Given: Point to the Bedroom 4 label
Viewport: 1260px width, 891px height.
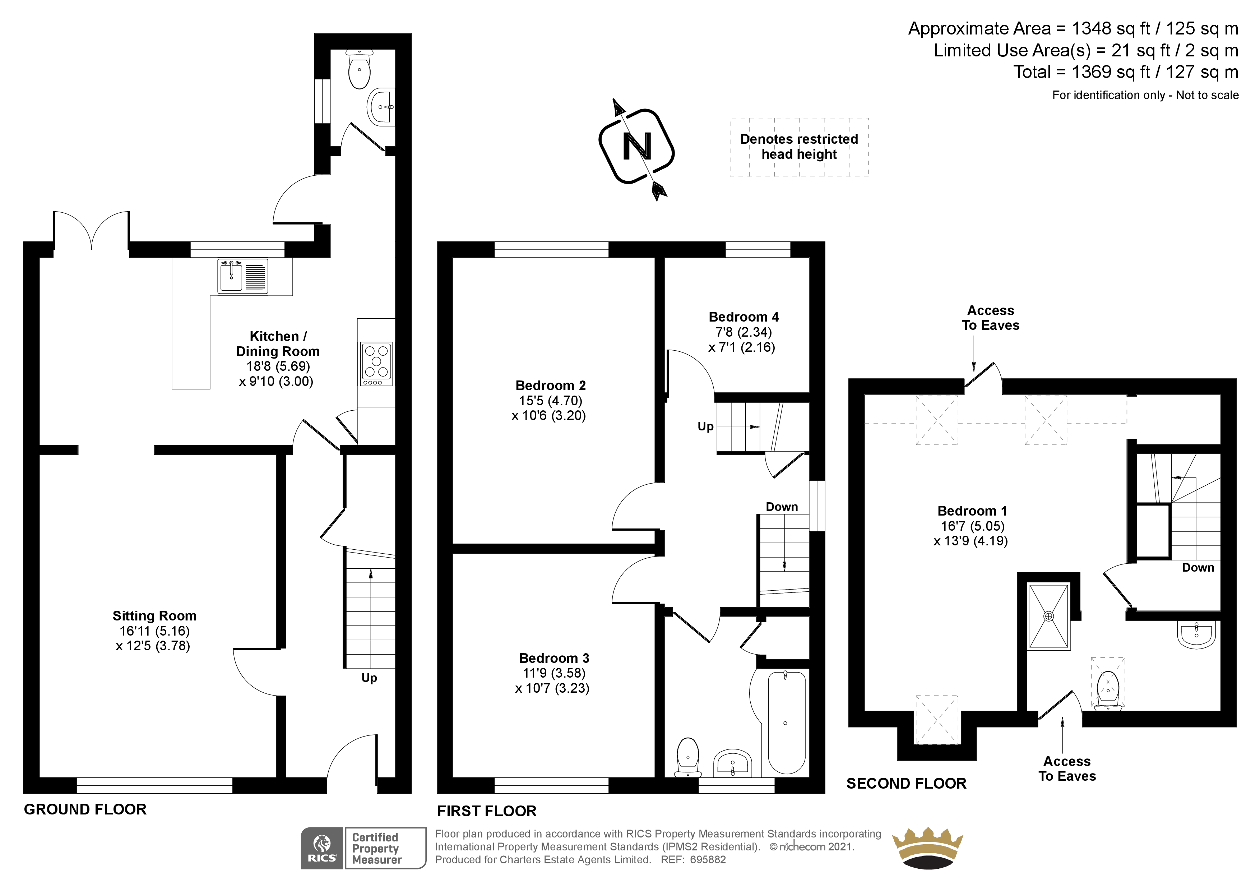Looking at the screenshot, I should [x=743, y=317].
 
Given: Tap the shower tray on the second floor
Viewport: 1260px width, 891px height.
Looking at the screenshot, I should [x=1048, y=617].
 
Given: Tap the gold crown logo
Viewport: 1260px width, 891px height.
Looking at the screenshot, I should [x=927, y=848].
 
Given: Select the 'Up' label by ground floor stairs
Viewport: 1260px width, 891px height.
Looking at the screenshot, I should [x=369, y=678].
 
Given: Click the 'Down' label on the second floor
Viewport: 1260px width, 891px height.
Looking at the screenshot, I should [x=1198, y=568].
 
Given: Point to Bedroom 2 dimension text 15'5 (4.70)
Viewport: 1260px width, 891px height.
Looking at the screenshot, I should [x=550, y=401].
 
